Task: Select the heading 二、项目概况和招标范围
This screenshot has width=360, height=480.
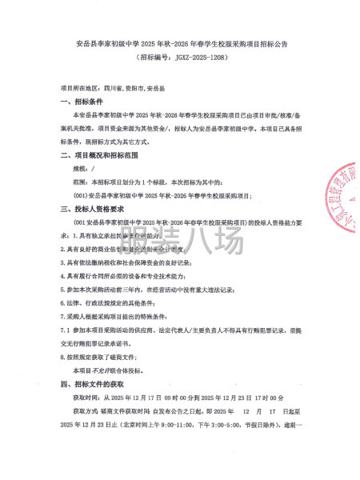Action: (100, 153)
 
